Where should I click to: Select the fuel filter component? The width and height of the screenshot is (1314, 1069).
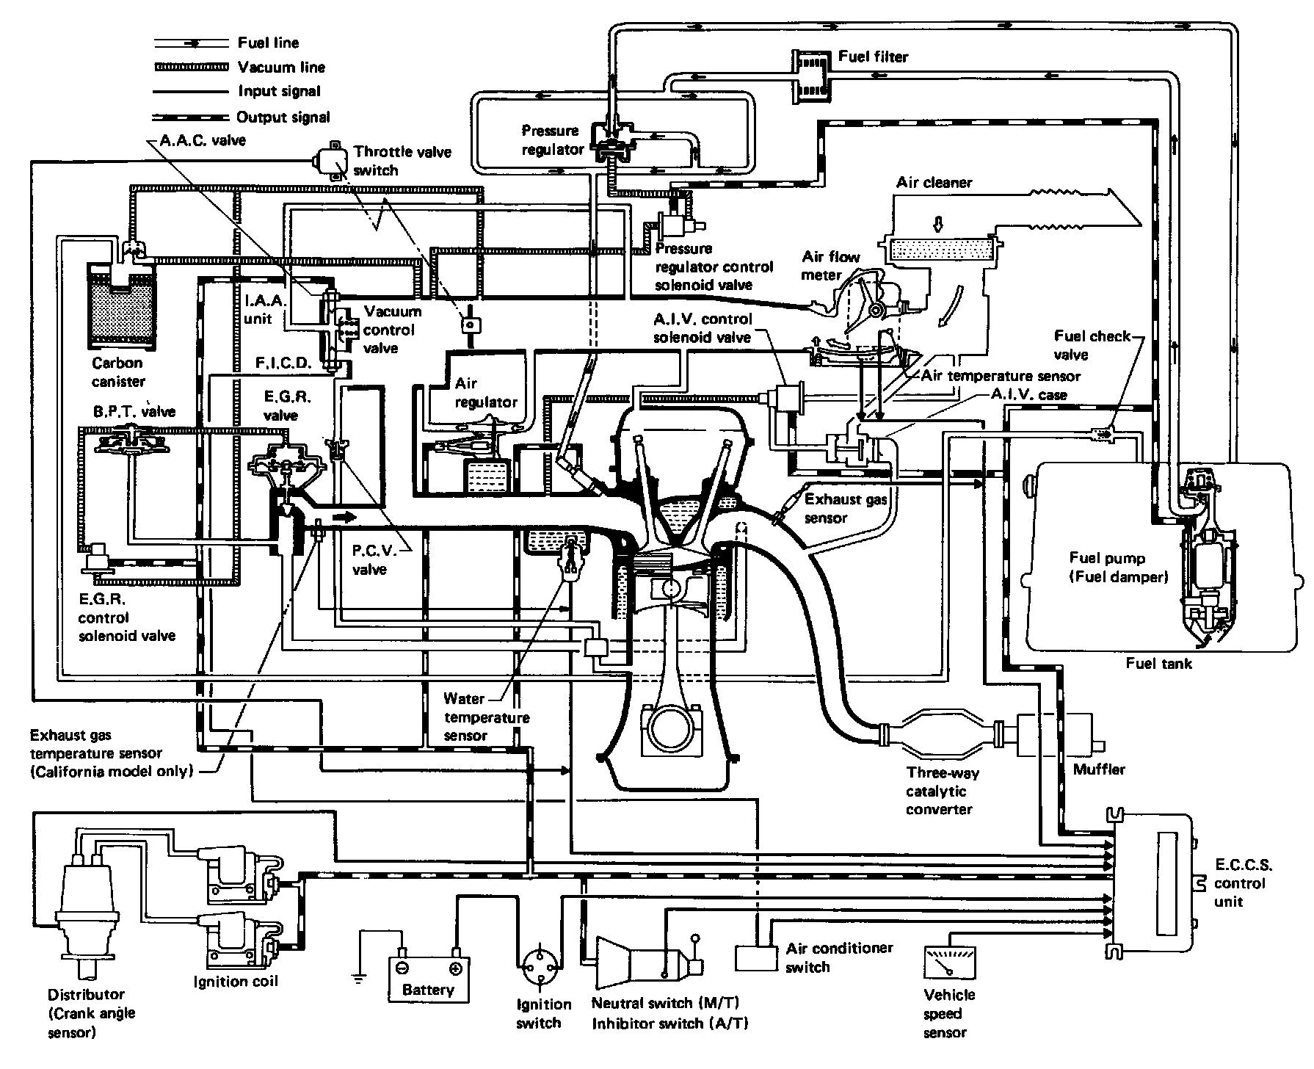811,74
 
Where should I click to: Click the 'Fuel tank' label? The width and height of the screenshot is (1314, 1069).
1159,664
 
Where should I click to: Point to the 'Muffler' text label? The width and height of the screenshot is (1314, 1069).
1099,769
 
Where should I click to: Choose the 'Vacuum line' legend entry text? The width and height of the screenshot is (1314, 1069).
281,68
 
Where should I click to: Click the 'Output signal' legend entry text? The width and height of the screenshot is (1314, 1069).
283,117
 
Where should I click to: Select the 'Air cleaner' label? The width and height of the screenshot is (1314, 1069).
934,182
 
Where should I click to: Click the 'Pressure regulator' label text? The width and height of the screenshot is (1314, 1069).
552,140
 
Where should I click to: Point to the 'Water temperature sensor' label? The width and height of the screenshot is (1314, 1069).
486,717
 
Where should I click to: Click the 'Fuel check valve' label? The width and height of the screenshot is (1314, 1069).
1092,345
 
